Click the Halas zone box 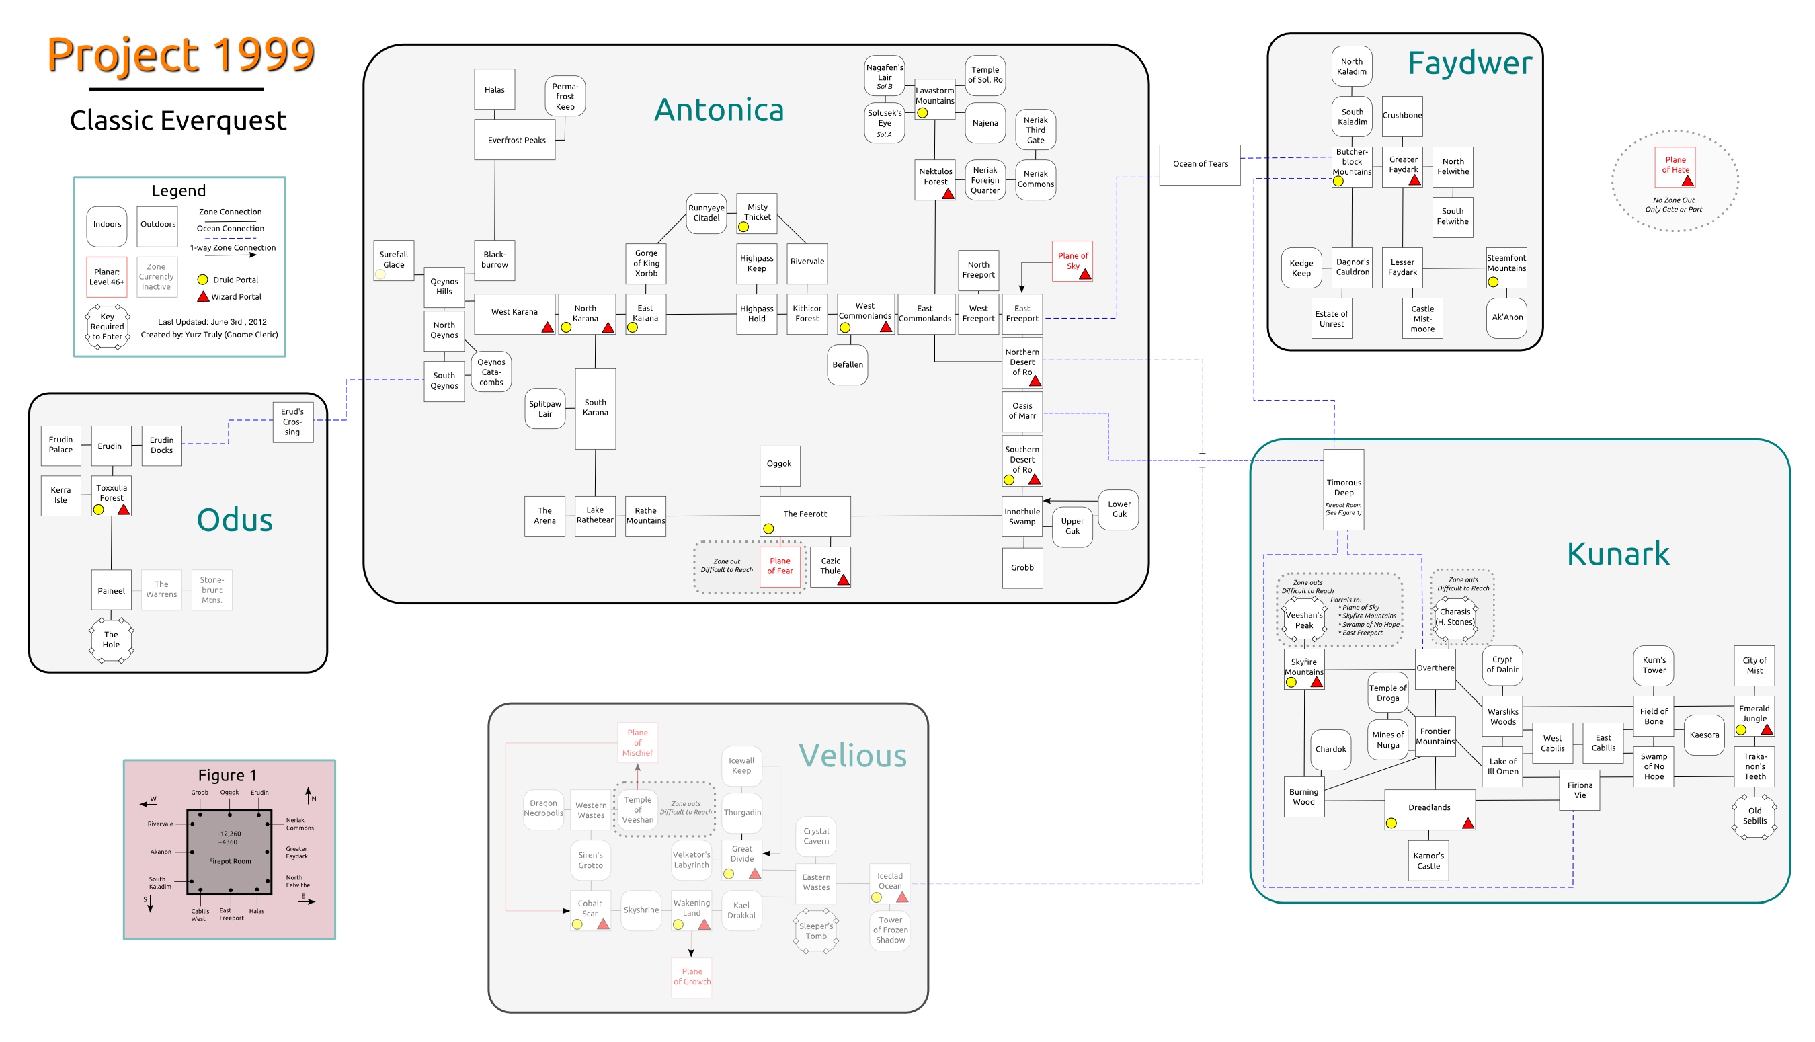point(494,89)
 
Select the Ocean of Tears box point(1200,165)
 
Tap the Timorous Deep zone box point(1344,489)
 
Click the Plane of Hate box point(1675,167)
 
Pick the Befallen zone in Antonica point(848,365)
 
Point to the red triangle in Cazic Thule point(844,579)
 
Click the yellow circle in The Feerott point(768,529)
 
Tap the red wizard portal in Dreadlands point(1468,823)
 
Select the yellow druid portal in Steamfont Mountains point(1493,282)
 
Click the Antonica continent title point(719,110)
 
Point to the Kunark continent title point(1617,553)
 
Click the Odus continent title point(235,520)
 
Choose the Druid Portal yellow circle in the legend point(202,280)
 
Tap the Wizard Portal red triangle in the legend point(203,296)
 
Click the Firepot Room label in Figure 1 point(230,861)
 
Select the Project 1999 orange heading point(181,55)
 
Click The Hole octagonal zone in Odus point(111,640)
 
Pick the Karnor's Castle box point(1428,861)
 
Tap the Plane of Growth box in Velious point(692,977)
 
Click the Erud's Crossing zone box point(292,422)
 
